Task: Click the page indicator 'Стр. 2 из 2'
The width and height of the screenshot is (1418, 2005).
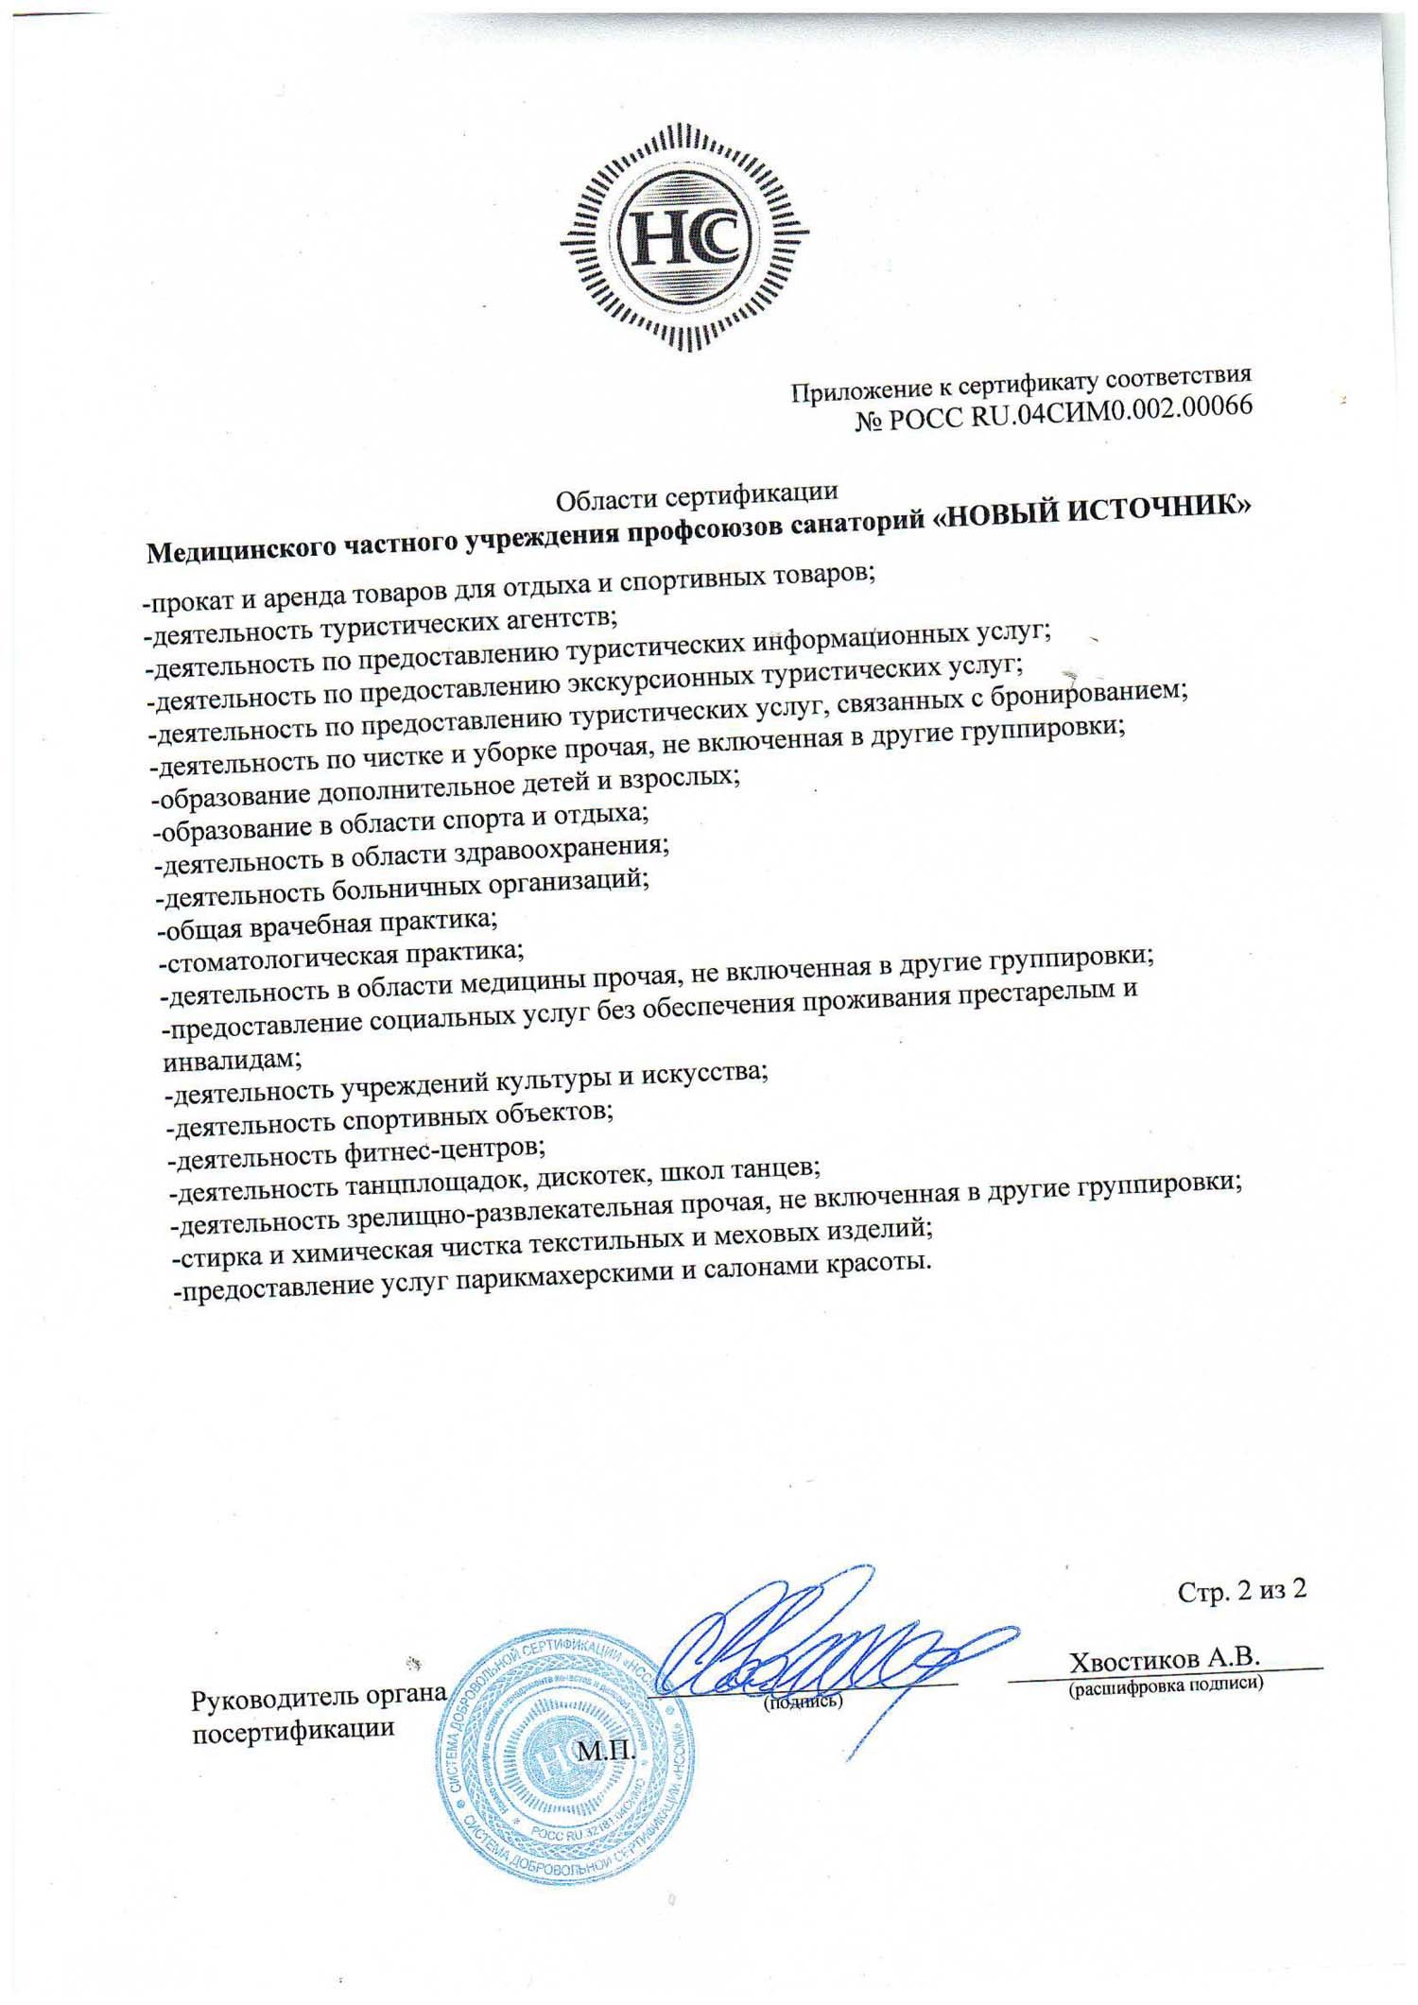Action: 1242,1590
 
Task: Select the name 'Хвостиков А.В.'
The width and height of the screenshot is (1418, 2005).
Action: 1165,1660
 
